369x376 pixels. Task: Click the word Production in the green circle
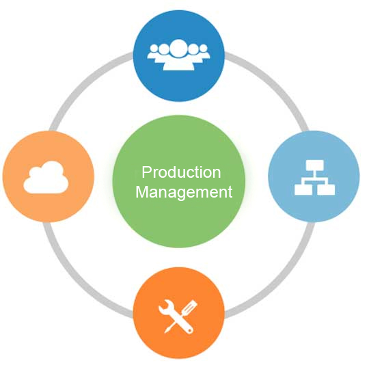[181, 172]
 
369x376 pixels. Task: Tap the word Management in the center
[184, 192]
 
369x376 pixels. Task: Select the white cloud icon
[46, 178]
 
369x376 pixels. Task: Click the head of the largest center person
[178, 49]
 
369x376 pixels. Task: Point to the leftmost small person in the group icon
[154, 52]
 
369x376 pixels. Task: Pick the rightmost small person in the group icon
[204, 52]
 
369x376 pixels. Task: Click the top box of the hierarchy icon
[314, 165]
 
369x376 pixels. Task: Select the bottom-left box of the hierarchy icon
[303, 189]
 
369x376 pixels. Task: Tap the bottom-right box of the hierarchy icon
[326, 189]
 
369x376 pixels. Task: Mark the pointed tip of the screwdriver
[165, 332]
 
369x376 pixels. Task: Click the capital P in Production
[146, 172]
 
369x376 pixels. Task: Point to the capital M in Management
[141, 191]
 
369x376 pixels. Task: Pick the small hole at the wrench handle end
[191, 331]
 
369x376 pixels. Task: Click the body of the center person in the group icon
[178, 64]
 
